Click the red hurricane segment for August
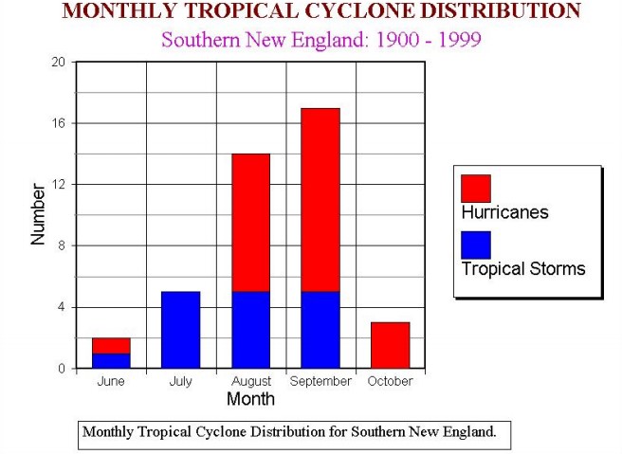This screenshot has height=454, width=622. [250, 222]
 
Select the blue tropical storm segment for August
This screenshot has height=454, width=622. [250, 329]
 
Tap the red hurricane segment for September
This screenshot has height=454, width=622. [320, 199]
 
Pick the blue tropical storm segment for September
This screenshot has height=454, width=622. [320, 329]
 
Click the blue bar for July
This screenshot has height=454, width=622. [180, 329]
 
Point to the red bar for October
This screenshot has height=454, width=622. [390, 345]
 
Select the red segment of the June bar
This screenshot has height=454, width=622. [111, 345]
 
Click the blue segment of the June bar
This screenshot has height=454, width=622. [111, 360]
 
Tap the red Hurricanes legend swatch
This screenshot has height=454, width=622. [475, 188]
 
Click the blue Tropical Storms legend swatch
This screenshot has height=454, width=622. [475, 245]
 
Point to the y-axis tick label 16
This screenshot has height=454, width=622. [58, 123]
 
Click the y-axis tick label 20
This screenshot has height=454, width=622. [58, 63]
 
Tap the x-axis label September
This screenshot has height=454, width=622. [320, 381]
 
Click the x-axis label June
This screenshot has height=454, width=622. [111, 381]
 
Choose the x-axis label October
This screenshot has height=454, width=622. [390, 381]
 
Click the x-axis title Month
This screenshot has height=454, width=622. [250, 399]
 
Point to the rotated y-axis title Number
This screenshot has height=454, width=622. [38, 214]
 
